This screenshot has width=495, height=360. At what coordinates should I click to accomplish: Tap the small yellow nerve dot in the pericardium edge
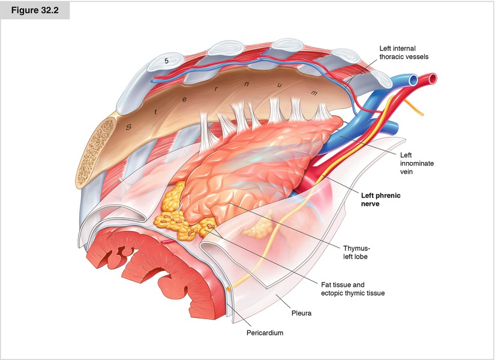coord(229,290)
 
